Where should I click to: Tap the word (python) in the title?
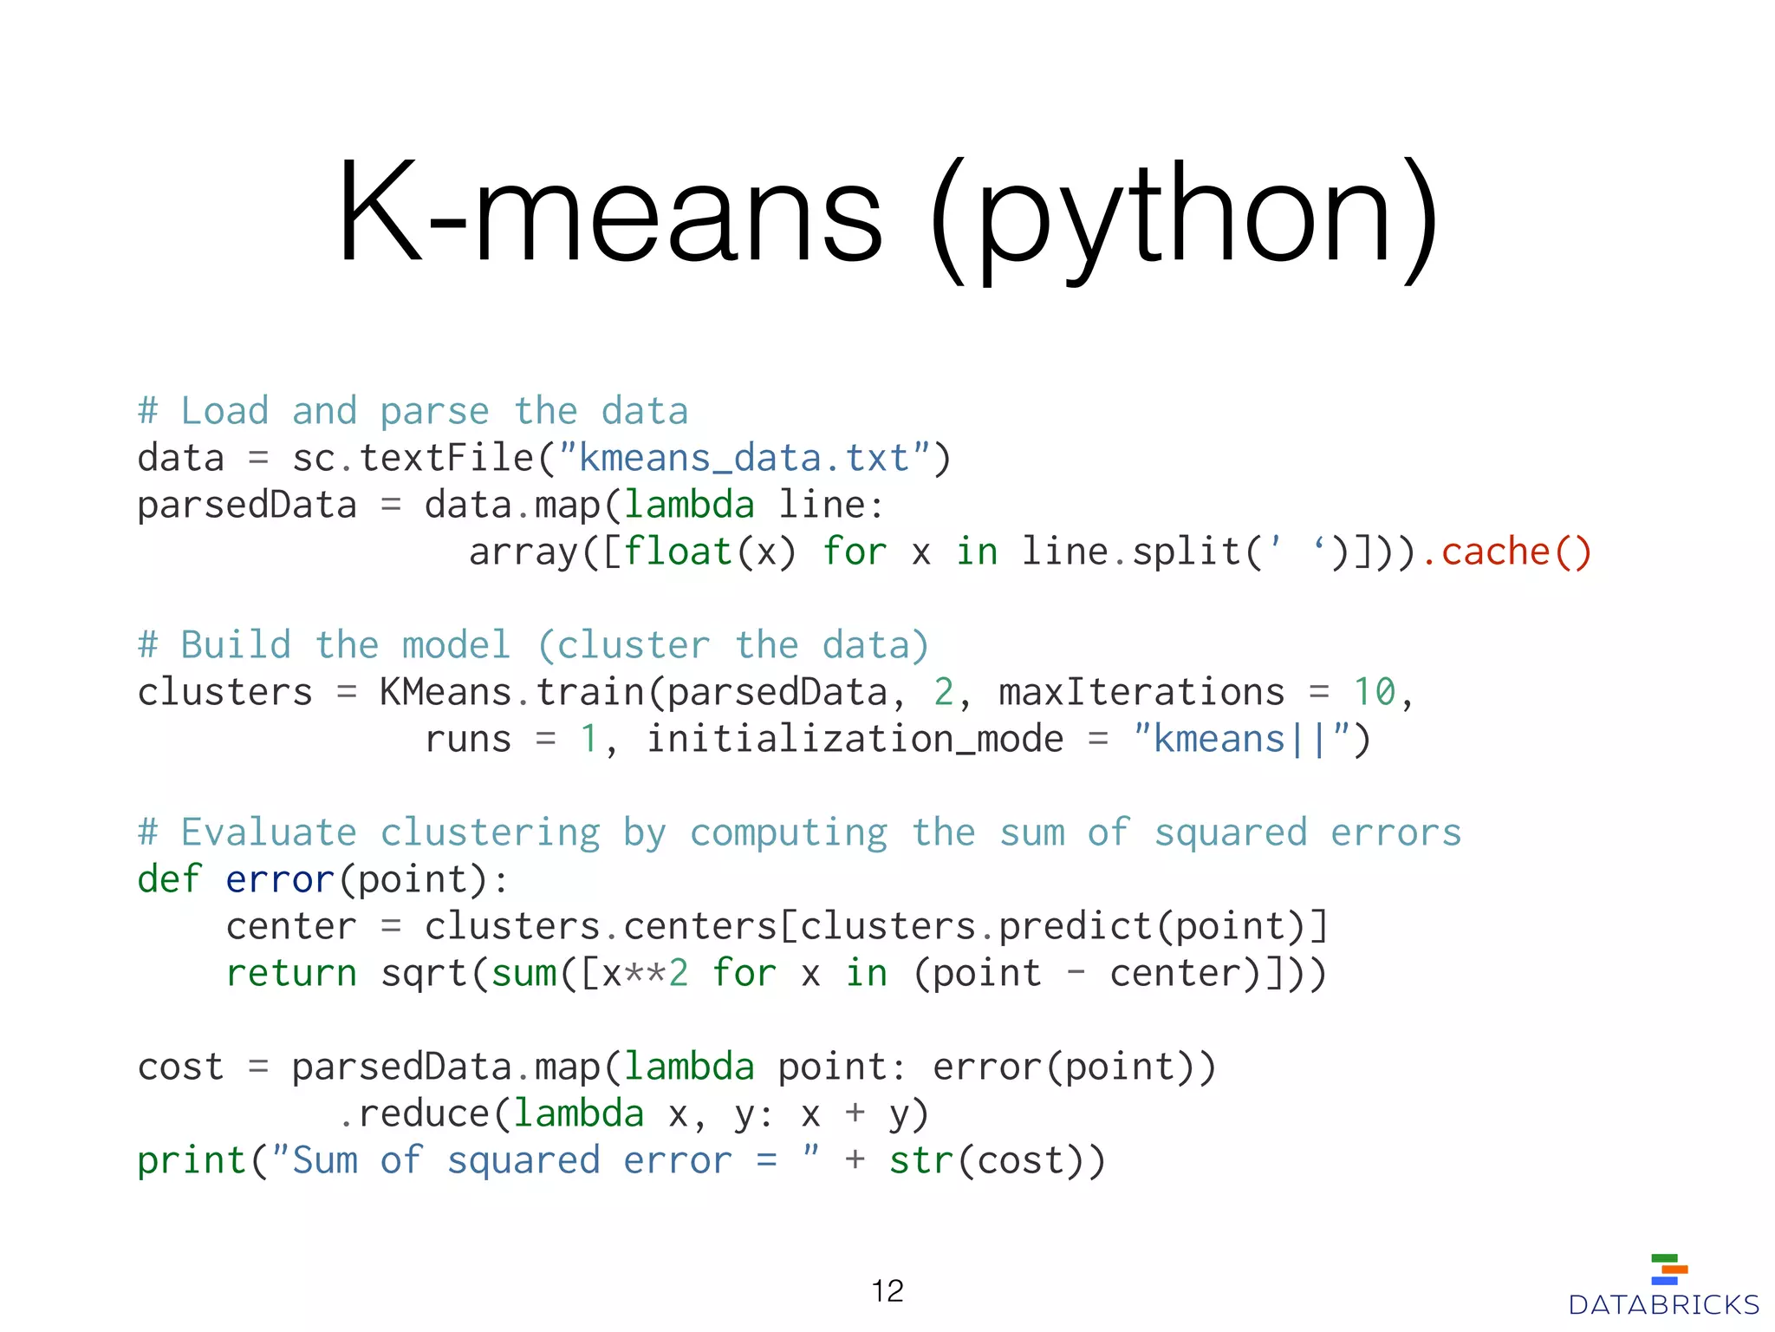click(x=1184, y=217)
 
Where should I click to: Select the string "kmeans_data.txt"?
click(x=744, y=458)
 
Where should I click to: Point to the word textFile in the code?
click(x=446, y=458)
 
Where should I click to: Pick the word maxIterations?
click(x=1141, y=692)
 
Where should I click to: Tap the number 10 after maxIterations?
click(x=1374, y=692)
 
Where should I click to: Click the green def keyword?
click(x=170, y=879)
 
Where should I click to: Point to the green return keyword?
click(x=291, y=974)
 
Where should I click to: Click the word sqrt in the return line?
click(x=424, y=974)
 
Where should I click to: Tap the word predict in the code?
click(x=1075, y=927)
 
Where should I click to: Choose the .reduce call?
click(x=414, y=1114)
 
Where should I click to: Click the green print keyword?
click(x=192, y=1161)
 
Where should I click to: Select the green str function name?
click(x=921, y=1161)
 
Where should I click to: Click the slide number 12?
click(x=887, y=1291)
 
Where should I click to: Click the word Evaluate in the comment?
click(x=269, y=832)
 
